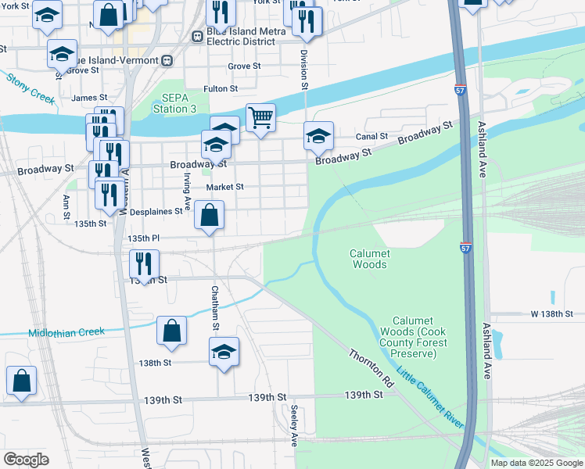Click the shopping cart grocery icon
(261, 118)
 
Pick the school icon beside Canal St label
(318, 136)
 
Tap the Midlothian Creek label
(66, 332)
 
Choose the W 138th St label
(557, 313)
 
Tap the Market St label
(225, 188)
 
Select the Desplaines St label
(155, 211)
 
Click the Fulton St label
(220, 89)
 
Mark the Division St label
(303, 71)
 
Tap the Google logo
(26, 460)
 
